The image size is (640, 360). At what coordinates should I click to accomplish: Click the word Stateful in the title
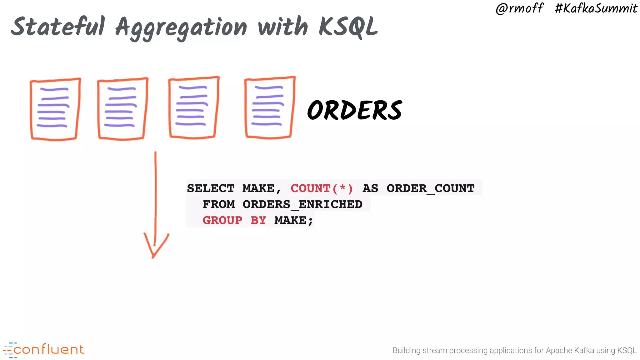(58, 27)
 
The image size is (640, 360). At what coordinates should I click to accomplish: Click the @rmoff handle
(519, 8)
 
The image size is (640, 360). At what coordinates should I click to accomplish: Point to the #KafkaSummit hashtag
(596, 8)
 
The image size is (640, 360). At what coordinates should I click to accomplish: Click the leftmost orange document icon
(55, 109)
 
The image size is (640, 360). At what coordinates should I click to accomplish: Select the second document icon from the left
(122, 109)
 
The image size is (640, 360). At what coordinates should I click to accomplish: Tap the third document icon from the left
(193, 107)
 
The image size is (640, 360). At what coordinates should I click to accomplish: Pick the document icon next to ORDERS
(269, 107)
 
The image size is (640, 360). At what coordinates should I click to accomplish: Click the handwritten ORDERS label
(355, 110)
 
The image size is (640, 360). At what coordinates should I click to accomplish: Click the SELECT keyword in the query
(211, 188)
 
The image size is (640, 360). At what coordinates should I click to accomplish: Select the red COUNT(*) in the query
(322, 188)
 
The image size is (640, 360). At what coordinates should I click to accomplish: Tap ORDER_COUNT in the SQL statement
(430, 188)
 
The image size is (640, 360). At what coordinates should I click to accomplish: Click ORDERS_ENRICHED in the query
(302, 204)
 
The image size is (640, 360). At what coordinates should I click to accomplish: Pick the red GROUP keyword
(222, 220)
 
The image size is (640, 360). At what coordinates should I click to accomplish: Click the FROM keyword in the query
(219, 204)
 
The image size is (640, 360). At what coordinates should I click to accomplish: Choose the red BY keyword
(258, 220)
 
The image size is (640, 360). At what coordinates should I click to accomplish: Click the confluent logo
(44, 350)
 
